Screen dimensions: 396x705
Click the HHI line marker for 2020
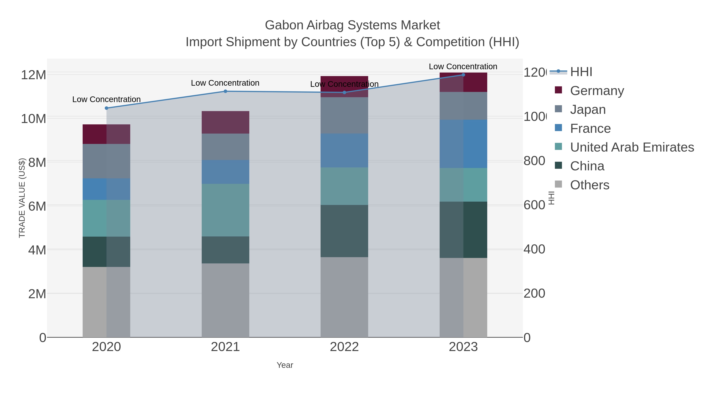[107, 108]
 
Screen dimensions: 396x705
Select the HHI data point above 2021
[225, 91]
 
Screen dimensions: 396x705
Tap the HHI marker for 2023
[463, 75]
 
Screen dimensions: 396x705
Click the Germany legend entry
[597, 91]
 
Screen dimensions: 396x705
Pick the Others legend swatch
[558, 184]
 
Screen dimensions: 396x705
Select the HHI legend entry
[581, 72]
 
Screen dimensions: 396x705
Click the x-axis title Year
[285, 365]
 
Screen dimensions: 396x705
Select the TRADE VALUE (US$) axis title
[22, 198]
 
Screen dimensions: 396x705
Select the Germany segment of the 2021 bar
[225, 122]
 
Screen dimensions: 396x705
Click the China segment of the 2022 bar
[344, 231]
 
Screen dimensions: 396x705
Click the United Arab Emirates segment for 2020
[107, 218]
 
